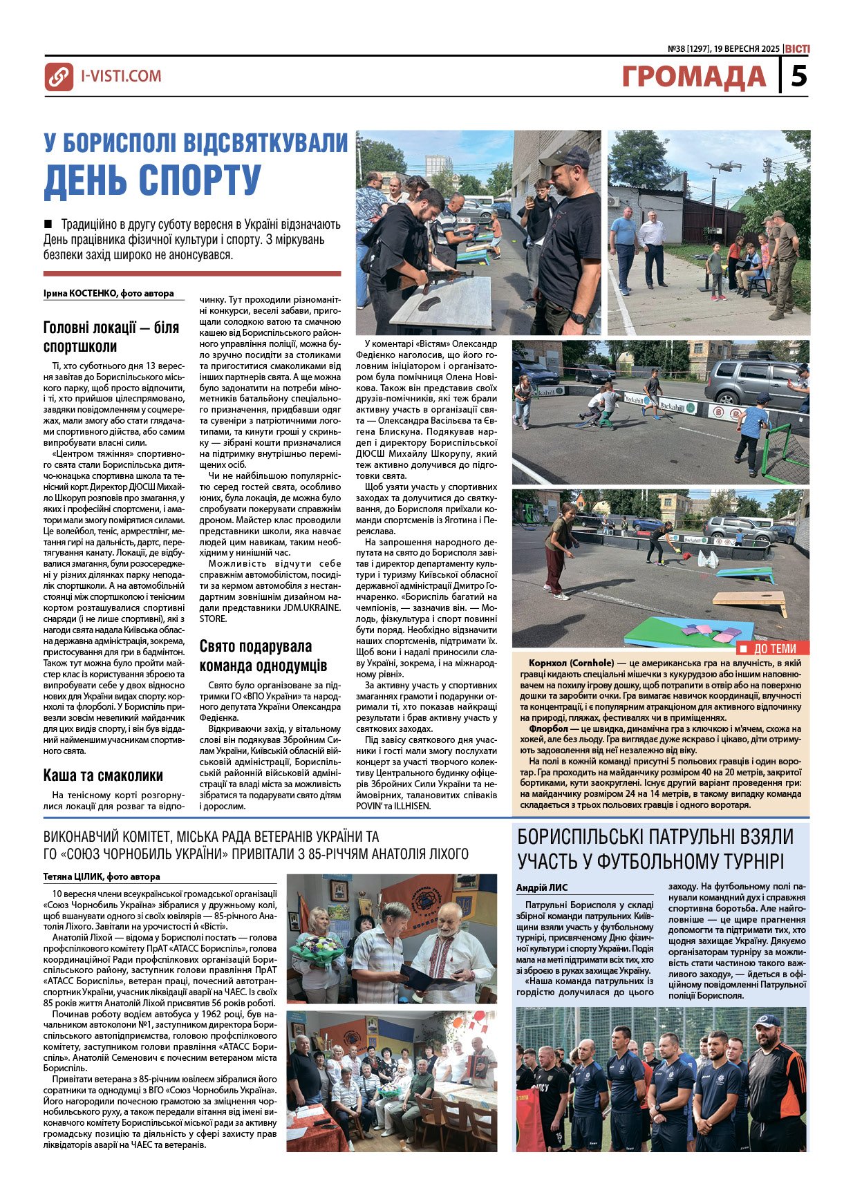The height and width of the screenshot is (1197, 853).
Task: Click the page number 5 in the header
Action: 798,75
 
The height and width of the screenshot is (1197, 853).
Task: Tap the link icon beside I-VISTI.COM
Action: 59,77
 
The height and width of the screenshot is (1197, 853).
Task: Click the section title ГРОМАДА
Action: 693,77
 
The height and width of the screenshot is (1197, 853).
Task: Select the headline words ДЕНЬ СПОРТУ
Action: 153,180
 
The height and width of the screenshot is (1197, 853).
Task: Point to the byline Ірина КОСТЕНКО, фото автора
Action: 109,293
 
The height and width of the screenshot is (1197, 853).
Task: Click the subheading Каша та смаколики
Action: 103,775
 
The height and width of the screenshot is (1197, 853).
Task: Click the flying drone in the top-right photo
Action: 724,167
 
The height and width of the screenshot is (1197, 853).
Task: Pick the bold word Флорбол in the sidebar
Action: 549,728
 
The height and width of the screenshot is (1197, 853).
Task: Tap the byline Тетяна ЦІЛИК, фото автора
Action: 102,876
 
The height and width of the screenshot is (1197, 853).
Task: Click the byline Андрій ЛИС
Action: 542,887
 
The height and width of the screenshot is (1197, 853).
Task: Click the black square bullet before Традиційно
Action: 48,224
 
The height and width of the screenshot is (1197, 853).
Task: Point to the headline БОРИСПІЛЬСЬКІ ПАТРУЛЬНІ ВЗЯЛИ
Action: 655,837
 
